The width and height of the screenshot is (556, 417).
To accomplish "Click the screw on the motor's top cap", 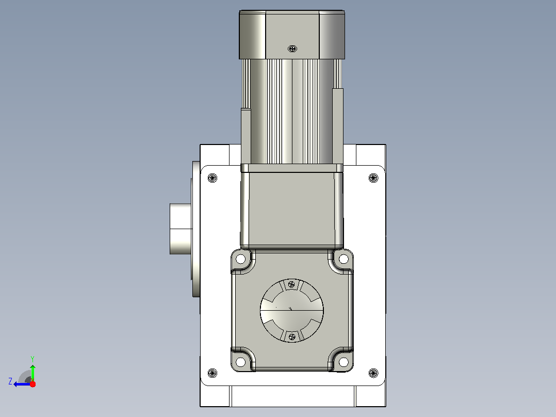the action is point(292,49).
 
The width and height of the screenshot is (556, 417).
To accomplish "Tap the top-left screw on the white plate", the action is point(212,178).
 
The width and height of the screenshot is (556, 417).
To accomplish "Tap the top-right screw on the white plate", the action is point(373,178).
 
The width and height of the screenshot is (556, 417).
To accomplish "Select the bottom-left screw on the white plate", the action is point(212,373).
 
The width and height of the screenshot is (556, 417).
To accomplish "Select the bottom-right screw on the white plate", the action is point(373,373).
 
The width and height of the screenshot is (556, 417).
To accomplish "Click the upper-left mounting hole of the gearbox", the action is point(240,259).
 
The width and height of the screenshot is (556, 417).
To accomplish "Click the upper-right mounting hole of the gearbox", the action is point(344,259).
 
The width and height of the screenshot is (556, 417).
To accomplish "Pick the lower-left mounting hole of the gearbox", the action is point(240,362).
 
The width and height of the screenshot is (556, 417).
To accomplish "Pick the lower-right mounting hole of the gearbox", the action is point(344,362).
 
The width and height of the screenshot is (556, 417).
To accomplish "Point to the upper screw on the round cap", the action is point(291,284).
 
